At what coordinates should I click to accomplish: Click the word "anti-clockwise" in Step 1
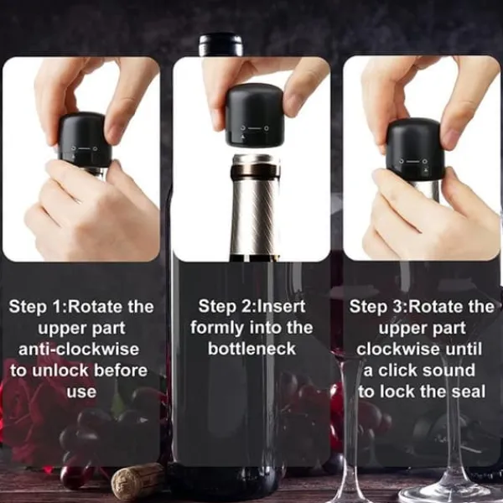coord(79,350)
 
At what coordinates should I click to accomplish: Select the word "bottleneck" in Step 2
coord(251,349)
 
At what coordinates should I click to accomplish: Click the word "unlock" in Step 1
coord(60,371)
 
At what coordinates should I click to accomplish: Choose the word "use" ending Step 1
coord(81,392)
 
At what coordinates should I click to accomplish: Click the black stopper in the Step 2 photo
coord(254,115)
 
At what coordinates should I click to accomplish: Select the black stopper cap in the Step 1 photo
coord(85,139)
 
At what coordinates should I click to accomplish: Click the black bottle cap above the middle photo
coord(220,45)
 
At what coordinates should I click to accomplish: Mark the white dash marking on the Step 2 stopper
coord(255,128)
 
